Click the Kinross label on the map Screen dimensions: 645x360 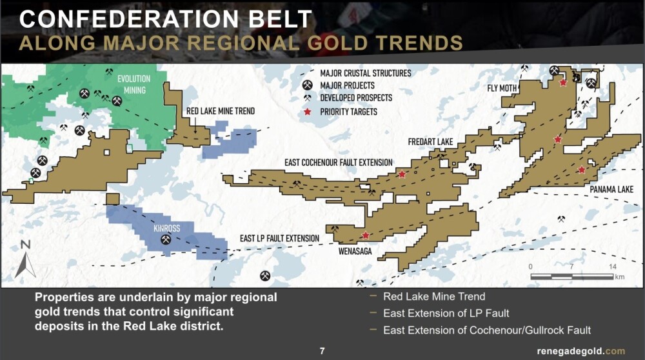(x=166, y=228)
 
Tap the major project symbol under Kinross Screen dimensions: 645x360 (x=166, y=239)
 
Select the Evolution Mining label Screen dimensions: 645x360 (x=134, y=85)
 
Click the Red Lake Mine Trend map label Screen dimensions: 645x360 (x=221, y=111)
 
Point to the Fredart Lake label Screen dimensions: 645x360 (x=430, y=142)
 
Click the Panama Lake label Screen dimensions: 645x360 (x=611, y=189)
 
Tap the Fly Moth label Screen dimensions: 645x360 (x=502, y=88)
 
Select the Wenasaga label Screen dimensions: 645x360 (x=355, y=251)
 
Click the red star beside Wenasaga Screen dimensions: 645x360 (x=365, y=235)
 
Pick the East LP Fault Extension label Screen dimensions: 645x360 (x=280, y=238)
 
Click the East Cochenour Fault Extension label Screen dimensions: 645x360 (x=339, y=163)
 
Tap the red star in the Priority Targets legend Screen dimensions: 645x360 (x=307, y=112)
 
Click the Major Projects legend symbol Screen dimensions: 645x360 (x=307, y=85)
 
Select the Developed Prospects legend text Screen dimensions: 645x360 (x=356, y=98)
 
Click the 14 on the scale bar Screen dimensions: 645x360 (x=613, y=266)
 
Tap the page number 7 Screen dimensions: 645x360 (x=322, y=351)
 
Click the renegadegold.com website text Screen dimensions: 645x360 (x=581, y=352)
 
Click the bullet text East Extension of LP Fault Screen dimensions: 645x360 (x=446, y=314)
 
